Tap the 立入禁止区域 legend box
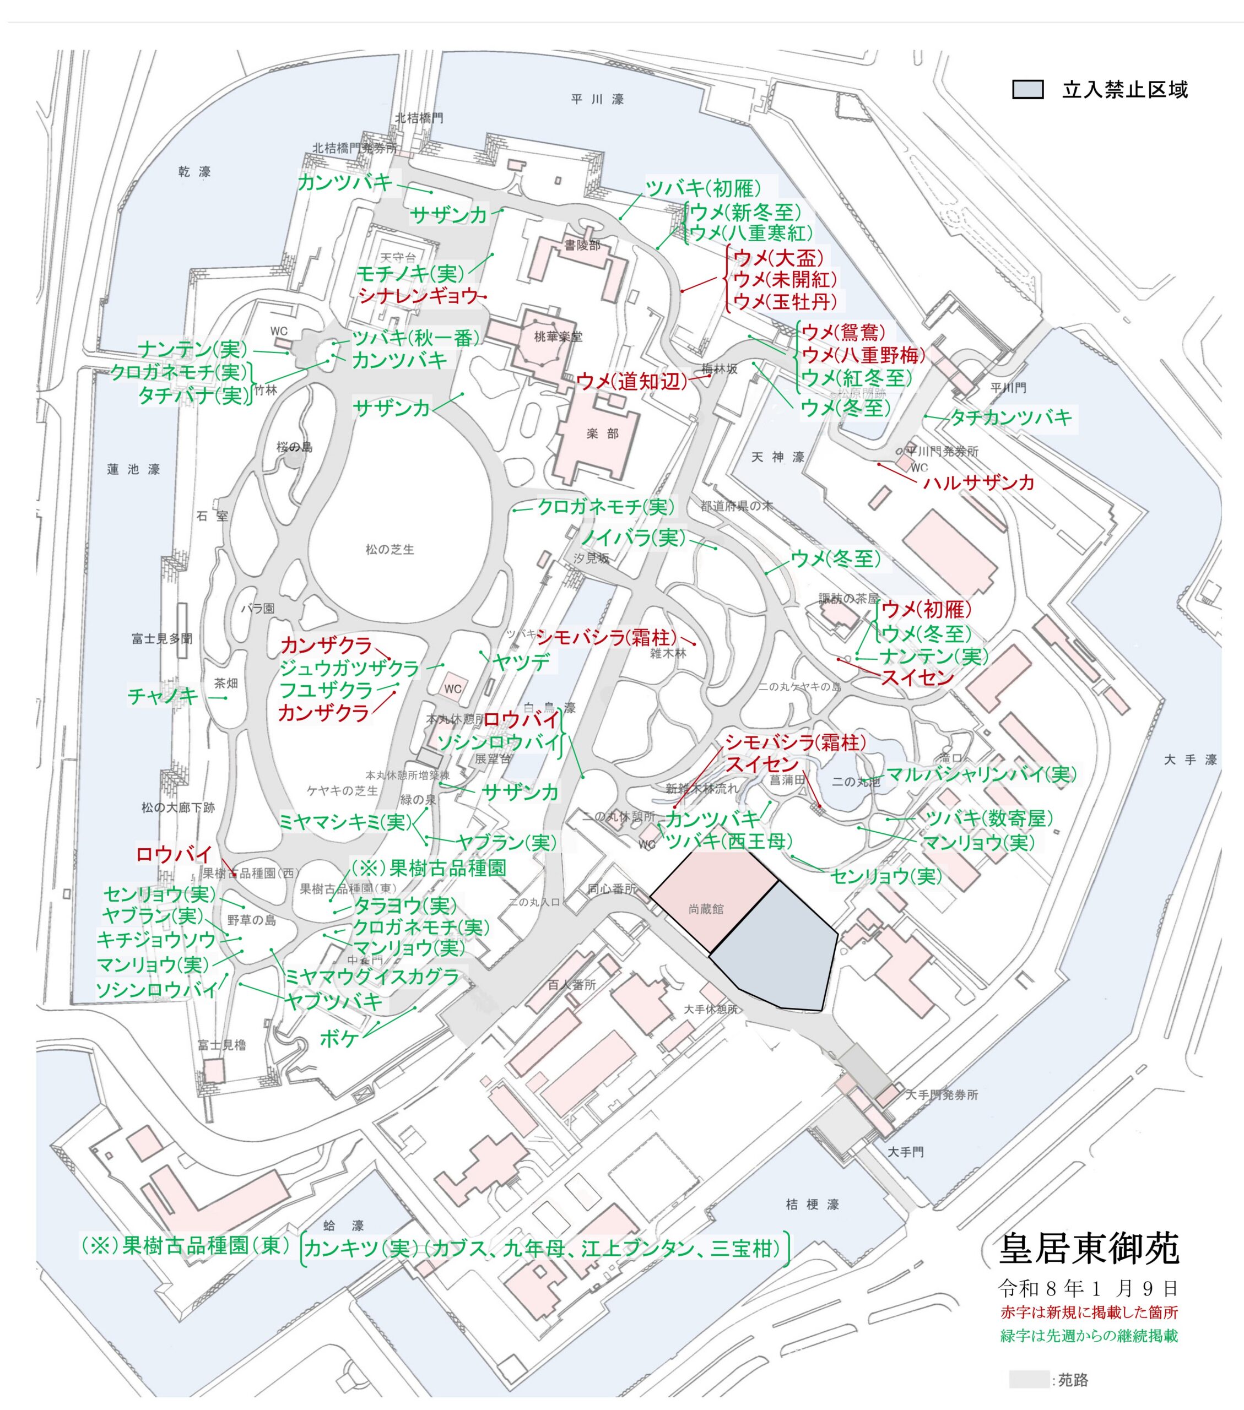1027,90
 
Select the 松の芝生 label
390,549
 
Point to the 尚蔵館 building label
706,909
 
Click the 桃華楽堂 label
558,337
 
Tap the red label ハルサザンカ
978,482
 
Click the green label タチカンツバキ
1011,417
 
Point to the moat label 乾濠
194,172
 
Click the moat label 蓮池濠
133,470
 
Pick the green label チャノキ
163,696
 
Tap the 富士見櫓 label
221,1044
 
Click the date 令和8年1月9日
1088,1287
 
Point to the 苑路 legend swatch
1028,1379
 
